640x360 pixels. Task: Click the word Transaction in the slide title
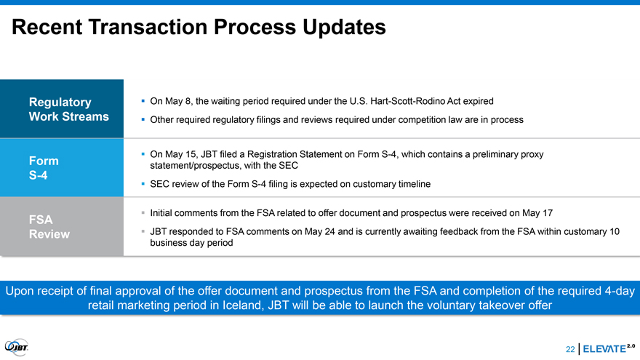[x=148, y=27]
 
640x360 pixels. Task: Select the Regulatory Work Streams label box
[x=62, y=108]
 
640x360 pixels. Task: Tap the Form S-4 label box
[x=62, y=168]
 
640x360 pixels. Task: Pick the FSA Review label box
[x=62, y=226]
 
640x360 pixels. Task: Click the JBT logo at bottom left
[x=17, y=348]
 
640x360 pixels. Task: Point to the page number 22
[x=570, y=349]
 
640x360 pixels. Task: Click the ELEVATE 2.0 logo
[x=609, y=348]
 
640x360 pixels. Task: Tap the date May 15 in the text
[x=175, y=154]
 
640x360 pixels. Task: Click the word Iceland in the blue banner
[x=243, y=305]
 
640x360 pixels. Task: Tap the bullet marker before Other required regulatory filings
[x=143, y=119]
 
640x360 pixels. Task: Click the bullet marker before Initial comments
[x=143, y=212]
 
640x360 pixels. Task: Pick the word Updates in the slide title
[x=344, y=28]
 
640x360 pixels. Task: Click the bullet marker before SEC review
[x=143, y=184]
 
